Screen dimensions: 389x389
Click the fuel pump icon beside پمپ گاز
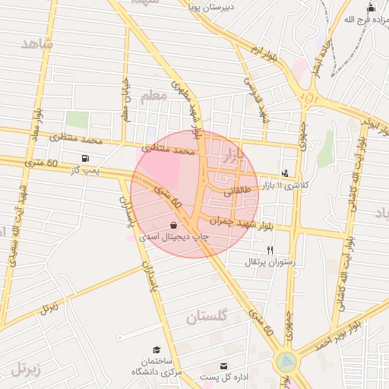coord(83,159)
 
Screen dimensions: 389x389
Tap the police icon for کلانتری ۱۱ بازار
coord(285,173)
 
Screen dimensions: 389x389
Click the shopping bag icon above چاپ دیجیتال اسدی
coord(174,226)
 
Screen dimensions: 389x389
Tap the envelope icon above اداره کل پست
coord(223,365)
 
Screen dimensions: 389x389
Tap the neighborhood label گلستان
coord(206,318)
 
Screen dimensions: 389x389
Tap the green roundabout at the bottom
coord(286,362)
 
